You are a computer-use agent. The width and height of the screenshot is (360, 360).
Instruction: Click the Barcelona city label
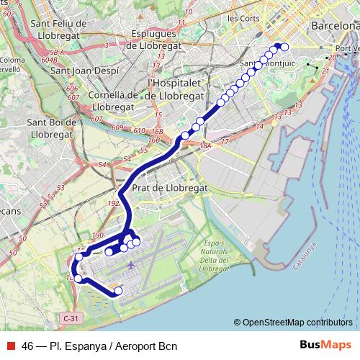point(334,25)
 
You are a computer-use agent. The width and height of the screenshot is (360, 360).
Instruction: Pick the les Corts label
point(243,17)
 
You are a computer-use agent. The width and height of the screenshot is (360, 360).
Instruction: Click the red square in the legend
point(10,346)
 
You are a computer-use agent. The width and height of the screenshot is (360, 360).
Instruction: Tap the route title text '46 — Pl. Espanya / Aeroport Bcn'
point(99,346)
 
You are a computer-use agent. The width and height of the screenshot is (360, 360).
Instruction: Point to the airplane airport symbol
point(130,265)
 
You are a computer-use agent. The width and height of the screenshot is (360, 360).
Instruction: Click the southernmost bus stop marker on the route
point(119,291)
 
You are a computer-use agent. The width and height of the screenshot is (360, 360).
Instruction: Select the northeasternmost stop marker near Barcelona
point(284,47)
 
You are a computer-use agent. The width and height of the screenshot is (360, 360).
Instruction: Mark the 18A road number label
point(206,145)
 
